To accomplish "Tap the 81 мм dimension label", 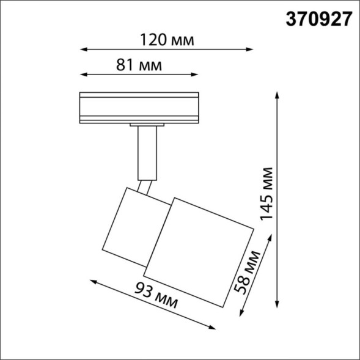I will click(x=139, y=65).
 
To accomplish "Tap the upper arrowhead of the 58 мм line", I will click(x=265, y=249).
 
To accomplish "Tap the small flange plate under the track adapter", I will click(x=147, y=125).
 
